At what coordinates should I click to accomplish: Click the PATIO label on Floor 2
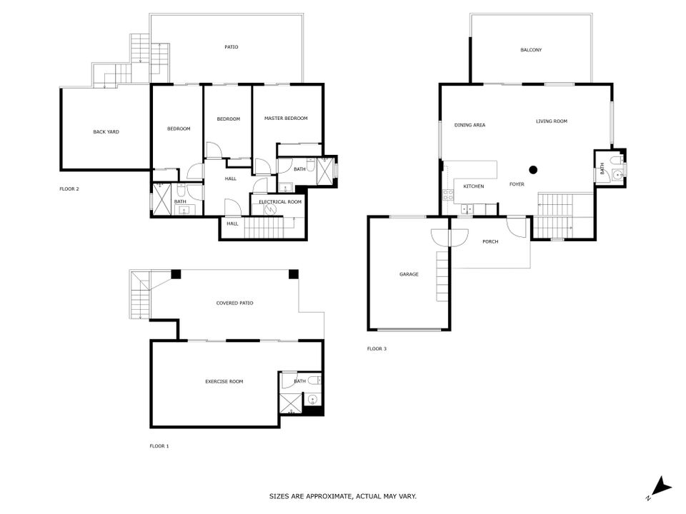click(232, 47)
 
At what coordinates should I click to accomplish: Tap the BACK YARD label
click(106, 131)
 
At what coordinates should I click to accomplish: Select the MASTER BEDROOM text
click(286, 118)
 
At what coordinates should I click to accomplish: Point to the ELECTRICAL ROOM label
click(280, 201)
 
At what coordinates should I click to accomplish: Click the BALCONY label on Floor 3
click(531, 50)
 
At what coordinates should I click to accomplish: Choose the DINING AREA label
click(470, 125)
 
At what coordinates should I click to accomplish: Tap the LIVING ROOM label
click(552, 121)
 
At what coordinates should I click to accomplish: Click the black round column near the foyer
click(533, 170)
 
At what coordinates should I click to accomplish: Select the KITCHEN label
click(474, 186)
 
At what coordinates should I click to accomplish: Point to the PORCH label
click(490, 241)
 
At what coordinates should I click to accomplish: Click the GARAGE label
click(409, 274)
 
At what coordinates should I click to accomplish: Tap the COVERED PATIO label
click(235, 303)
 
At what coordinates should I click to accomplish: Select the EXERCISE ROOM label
click(224, 381)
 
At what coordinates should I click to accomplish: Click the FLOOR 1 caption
click(159, 446)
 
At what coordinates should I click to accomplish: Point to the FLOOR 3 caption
click(377, 349)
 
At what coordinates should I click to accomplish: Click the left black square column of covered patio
click(176, 274)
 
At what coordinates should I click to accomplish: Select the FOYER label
click(517, 184)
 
